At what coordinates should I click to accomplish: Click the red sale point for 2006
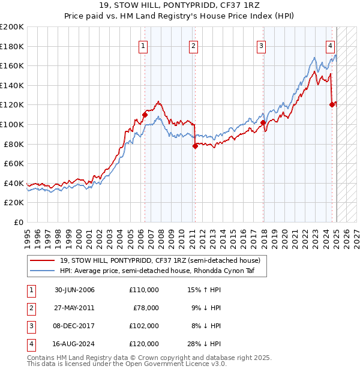pos(145,115)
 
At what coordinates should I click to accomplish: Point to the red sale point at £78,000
pos(195,146)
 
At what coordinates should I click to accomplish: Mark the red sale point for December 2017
pos(263,122)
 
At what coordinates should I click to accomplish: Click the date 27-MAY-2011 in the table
pos(74,308)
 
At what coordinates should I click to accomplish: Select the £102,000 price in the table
pos(144,326)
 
